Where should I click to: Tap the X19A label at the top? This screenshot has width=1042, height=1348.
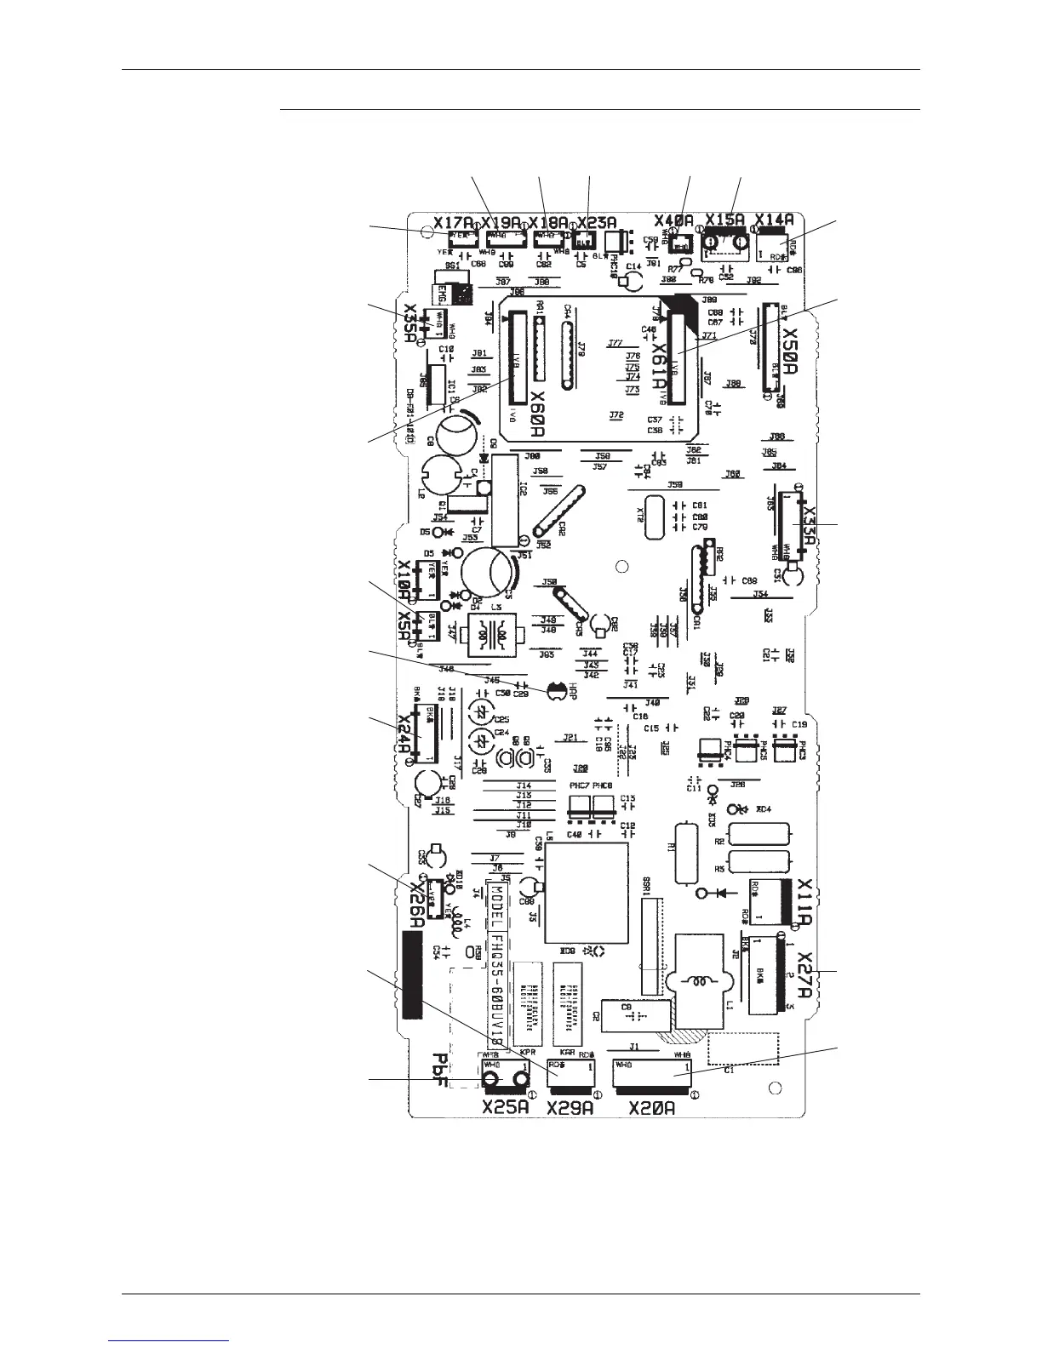point(502,224)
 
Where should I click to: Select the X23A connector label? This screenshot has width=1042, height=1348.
point(596,224)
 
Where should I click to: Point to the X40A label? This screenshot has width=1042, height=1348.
point(674,220)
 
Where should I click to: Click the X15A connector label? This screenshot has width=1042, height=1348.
point(725,220)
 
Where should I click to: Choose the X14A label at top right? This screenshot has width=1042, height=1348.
point(774,219)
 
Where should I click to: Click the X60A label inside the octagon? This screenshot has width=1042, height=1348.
point(538,414)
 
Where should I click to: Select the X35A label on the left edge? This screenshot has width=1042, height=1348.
point(411,324)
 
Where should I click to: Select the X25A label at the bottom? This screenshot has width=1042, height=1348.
point(506,1108)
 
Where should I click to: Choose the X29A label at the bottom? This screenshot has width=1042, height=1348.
point(570,1108)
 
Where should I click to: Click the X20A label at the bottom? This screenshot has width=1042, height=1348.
point(651,1108)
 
